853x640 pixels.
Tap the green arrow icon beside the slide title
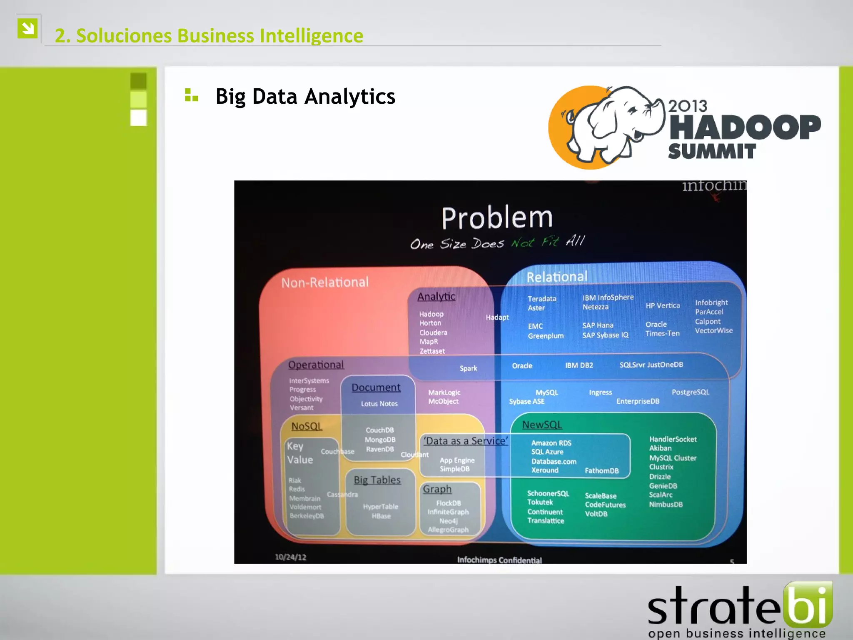[28, 28]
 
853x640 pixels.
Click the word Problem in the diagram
[497, 218]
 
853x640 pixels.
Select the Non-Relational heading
[325, 282]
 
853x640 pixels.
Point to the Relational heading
[557, 277]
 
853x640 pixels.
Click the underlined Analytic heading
[436, 296]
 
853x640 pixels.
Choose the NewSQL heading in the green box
[542, 425]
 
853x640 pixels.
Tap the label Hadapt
[497, 317]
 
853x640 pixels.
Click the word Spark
[468, 368]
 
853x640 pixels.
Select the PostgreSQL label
[690, 392]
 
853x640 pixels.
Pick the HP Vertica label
[662, 306]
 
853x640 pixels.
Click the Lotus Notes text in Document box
[379, 404]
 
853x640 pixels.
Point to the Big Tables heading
[377, 480]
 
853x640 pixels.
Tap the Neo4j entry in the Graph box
[448, 521]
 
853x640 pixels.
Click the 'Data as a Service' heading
[466, 441]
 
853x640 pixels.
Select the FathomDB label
[601, 470]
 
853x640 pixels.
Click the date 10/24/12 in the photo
[290, 557]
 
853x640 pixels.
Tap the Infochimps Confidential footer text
[499, 560]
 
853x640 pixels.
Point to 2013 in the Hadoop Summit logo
[688, 106]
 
